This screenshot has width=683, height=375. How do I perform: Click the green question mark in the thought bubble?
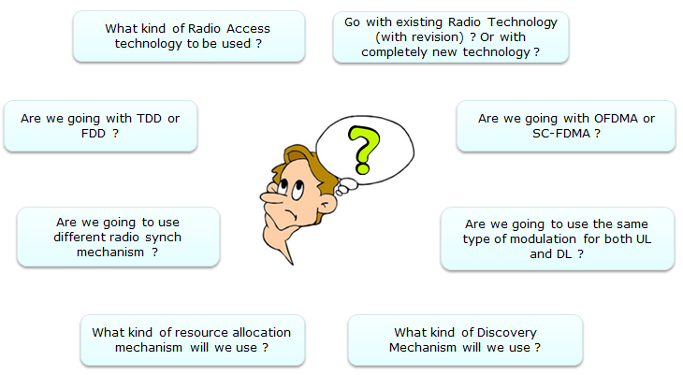click(364, 150)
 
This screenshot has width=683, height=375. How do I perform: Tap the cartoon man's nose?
click(271, 197)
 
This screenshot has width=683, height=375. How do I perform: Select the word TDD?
click(149, 119)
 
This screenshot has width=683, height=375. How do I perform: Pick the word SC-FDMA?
click(561, 134)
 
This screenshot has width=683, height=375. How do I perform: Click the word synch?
click(163, 238)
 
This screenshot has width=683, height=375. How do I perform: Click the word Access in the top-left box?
click(248, 29)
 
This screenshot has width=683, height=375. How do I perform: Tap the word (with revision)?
click(419, 37)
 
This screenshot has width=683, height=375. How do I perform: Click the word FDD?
click(94, 134)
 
